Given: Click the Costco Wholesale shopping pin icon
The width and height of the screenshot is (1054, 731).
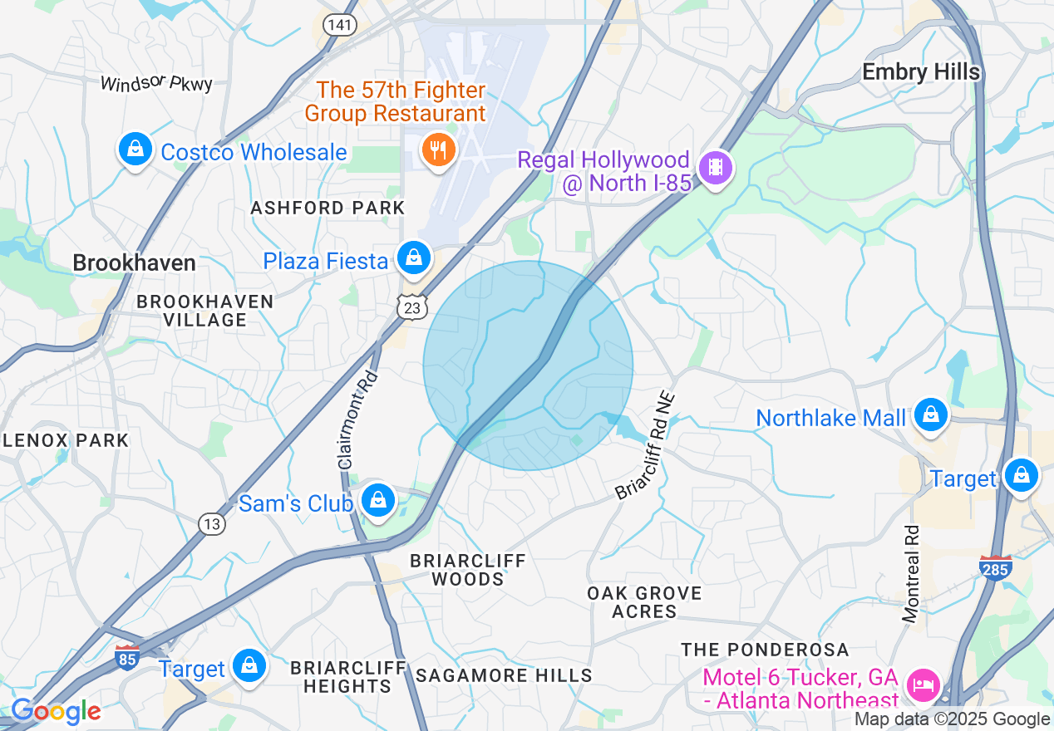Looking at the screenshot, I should (x=134, y=150).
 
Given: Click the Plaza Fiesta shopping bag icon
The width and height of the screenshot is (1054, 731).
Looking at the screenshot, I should (x=413, y=258).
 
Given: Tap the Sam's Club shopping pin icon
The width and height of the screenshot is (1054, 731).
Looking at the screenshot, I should (x=378, y=501).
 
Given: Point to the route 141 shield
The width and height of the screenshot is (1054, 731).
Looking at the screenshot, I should (x=339, y=25).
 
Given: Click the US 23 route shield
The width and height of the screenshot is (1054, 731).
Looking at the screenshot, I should (x=411, y=307).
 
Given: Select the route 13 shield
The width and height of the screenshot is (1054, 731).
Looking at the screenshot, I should (x=212, y=523).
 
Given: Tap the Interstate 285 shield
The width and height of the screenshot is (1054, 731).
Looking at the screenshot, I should (x=995, y=569).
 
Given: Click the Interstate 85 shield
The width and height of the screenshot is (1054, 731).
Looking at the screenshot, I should (x=126, y=657).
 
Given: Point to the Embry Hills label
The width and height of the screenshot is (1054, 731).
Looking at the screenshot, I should (x=921, y=72).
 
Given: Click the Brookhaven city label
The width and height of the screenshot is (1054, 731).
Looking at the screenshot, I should (x=134, y=263).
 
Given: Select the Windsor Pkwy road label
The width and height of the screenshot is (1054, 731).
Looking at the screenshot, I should (x=156, y=84).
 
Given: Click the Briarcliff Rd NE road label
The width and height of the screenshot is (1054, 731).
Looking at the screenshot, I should (x=648, y=447).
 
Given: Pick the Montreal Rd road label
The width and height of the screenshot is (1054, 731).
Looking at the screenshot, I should (x=912, y=574).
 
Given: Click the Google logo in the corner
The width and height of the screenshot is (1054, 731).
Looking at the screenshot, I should (x=56, y=711).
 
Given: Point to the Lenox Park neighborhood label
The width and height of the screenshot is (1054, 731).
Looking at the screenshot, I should (x=65, y=440).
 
